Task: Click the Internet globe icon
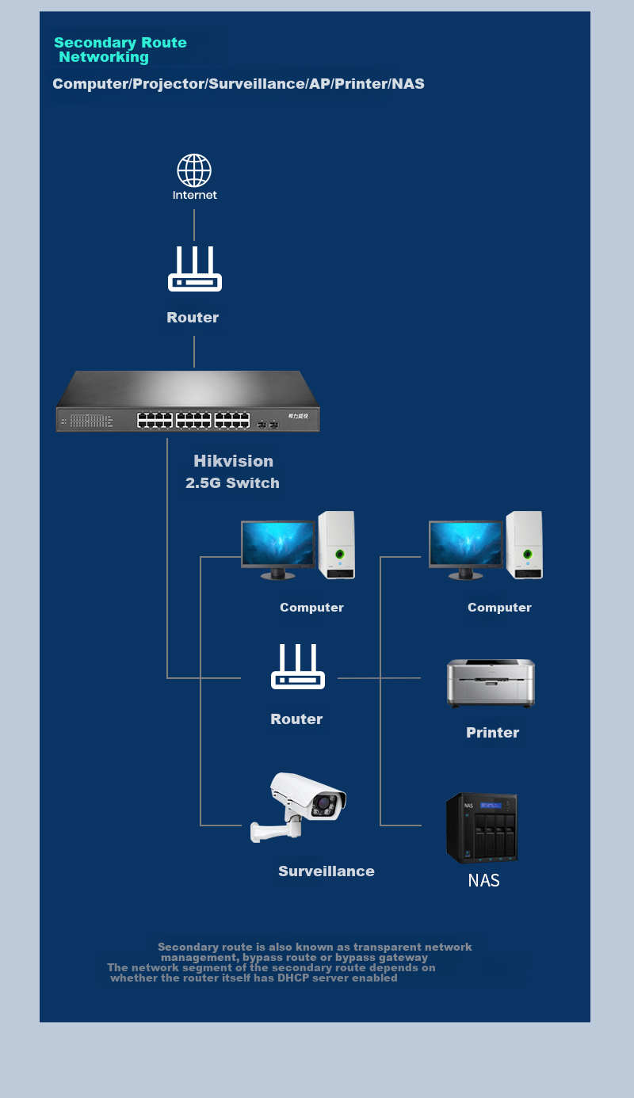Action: pyautogui.click(x=194, y=170)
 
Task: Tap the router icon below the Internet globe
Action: pyautogui.click(x=195, y=269)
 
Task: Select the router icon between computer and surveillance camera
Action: pyautogui.click(x=298, y=666)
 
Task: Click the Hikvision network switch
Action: pyautogui.click(x=188, y=401)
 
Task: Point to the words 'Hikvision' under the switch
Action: pyautogui.click(x=234, y=461)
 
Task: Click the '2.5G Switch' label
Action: pyautogui.click(x=232, y=482)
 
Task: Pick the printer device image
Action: pyautogui.click(x=491, y=683)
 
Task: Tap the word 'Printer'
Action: pyautogui.click(x=492, y=732)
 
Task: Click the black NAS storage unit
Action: pyautogui.click(x=482, y=827)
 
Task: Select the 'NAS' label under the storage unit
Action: pyautogui.click(x=483, y=880)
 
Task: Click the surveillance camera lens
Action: pyautogui.click(x=323, y=803)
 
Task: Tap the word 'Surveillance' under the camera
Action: pyautogui.click(x=326, y=871)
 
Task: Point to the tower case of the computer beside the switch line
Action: pyautogui.click(x=336, y=544)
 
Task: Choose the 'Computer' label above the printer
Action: pyautogui.click(x=499, y=608)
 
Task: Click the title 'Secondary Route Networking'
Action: pyautogui.click(x=120, y=49)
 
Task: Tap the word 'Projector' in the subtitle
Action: pyautogui.click(x=169, y=84)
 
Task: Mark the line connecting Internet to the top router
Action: pyautogui.click(x=194, y=225)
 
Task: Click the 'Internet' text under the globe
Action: pyautogui.click(x=195, y=195)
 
